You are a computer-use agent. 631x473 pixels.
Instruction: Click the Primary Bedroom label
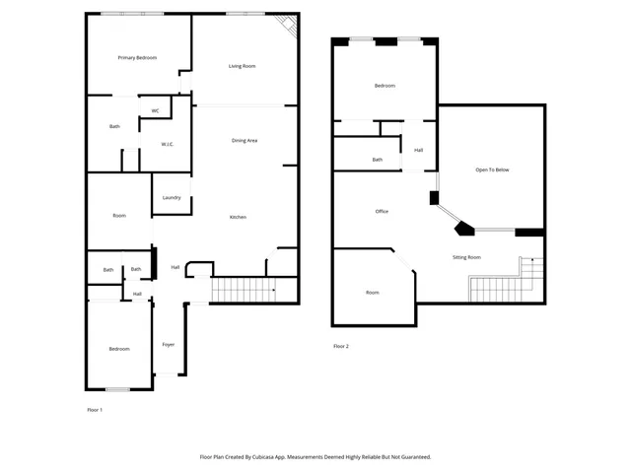click(138, 58)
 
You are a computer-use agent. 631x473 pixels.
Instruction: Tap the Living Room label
click(242, 66)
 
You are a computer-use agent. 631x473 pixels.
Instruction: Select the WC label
click(155, 110)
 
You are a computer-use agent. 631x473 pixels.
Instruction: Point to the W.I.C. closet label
click(168, 145)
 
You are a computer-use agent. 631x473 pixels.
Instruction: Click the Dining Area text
click(245, 141)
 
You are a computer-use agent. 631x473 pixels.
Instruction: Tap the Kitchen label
click(238, 217)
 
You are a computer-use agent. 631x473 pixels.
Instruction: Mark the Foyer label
click(169, 344)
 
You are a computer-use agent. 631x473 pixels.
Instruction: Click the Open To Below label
click(492, 169)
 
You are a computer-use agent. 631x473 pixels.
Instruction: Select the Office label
click(382, 212)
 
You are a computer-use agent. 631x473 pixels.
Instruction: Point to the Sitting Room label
click(466, 257)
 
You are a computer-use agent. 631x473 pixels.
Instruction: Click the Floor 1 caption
click(95, 409)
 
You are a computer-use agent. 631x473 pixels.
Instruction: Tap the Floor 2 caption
click(341, 346)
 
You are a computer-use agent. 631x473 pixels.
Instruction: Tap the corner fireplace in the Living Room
click(287, 27)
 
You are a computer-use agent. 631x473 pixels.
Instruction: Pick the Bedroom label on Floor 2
click(385, 86)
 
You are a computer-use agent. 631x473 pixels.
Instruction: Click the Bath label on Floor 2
click(377, 160)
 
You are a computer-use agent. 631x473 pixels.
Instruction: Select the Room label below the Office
click(372, 292)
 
